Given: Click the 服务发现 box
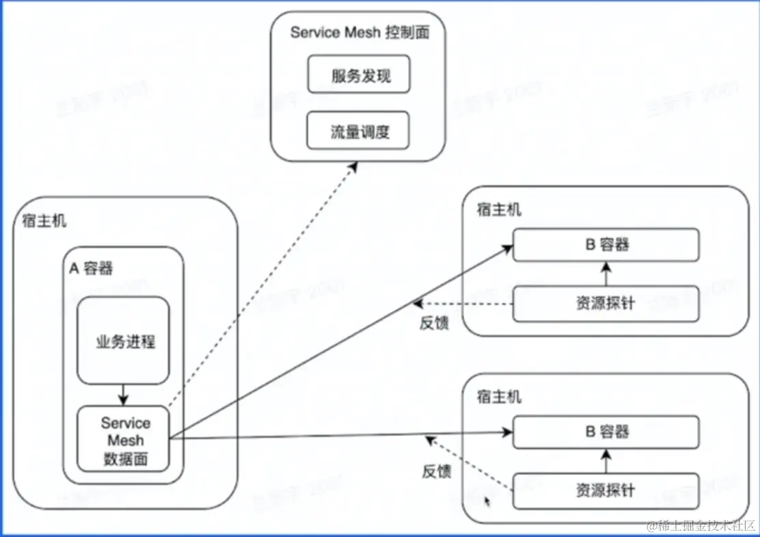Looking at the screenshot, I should pyautogui.click(x=358, y=75).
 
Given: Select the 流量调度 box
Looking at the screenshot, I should pyautogui.click(x=358, y=131).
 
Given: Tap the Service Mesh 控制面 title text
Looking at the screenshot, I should pyautogui.click(x=359, y=33).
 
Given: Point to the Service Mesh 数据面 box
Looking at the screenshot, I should pyautogui.click(x=123, y=439).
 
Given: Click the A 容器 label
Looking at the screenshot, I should pyautogui.click(x=91, y=269).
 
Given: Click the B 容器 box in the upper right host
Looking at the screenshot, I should pyautogui.click(x=606, y=245).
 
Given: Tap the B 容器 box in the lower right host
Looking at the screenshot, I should pyautogui.click(x=606, y=432).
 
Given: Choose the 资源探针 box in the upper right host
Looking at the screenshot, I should pyautogui.click(x=606, y=302).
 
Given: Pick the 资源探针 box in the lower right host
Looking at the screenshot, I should pyautogui.click(x=606, y=490).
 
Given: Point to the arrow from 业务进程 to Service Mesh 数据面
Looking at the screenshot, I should pyautogui.click(x=123, y=395).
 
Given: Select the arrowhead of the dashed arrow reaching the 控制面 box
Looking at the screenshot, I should pyautogui.click(x=353, y=166).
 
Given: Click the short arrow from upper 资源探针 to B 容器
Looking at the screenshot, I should pyautogui.click(x=606, y=274).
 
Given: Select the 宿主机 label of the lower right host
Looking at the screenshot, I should pyautogui.click(x=498, y=396).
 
